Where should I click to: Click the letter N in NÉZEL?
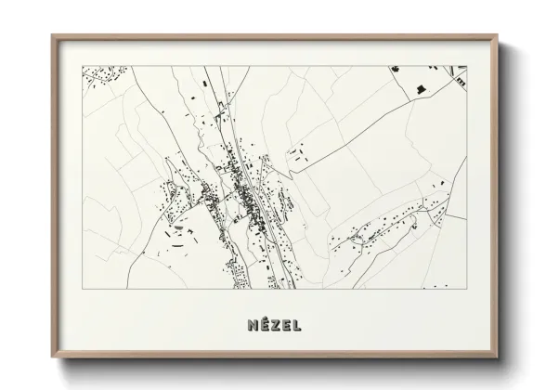tap(254, 326)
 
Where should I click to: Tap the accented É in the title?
tap(266, 325)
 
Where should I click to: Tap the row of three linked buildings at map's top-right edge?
tap(461, 83)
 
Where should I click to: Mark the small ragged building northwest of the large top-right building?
tap(394, 70)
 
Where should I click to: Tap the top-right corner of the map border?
tap(466, 66)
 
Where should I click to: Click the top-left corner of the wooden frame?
tap(52, 35)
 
